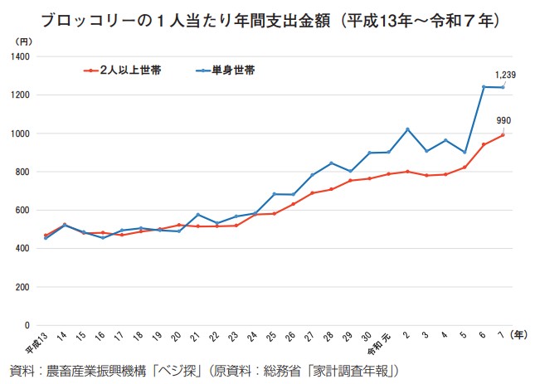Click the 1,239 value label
(505, 75)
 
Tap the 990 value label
(503, 121)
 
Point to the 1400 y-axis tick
(20, 57)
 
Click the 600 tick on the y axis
(22, 211)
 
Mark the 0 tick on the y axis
(27, 326)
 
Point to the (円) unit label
(23, 40)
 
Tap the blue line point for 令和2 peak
(408, 129)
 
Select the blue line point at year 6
(484, 87)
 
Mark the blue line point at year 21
(197, 215)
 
